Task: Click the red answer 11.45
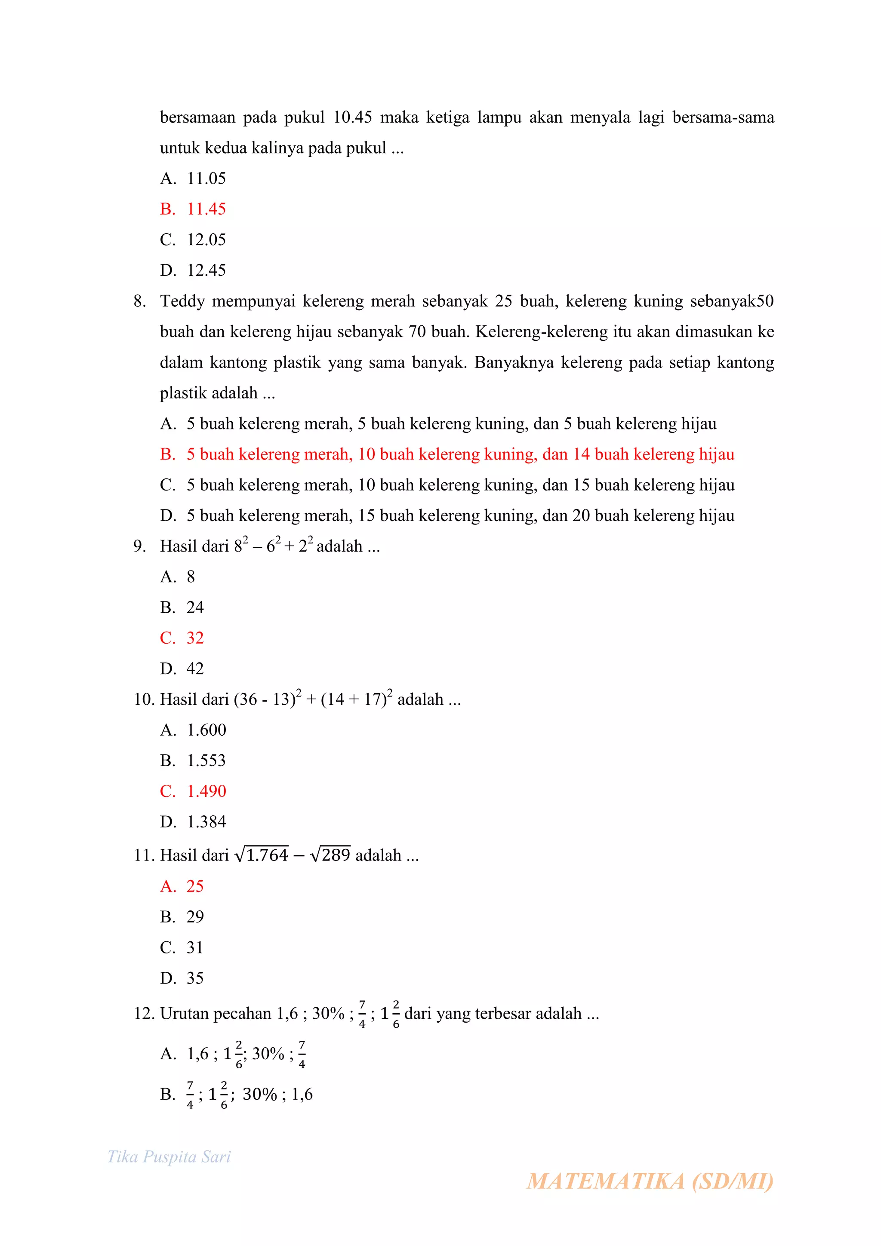pyautogui.click(x=206, y=209)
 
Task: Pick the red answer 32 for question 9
pyautogui.click(x=195, y=638)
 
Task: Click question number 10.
pyautogui.click(x=144, y=700)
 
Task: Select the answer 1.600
pyautogui.click(x=206, y=730)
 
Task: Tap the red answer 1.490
pyautogui.click(x=206, y=791)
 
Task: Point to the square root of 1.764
pyautogui.click(x=262, y=855)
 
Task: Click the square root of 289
pyautogui.click(x=330, y=855)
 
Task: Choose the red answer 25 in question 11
pyautogui.click(x=195, y=886)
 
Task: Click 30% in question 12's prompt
pyautogui.click(x=328, y=1013)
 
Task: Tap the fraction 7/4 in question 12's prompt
pyautogui.click(x=362, y=1014)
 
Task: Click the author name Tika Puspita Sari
pyautogui.click(x=169, y=1157)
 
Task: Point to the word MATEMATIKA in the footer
pyautogui.click(x=605, y=1181)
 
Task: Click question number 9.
pyautogui.click(x=139, y=546)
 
